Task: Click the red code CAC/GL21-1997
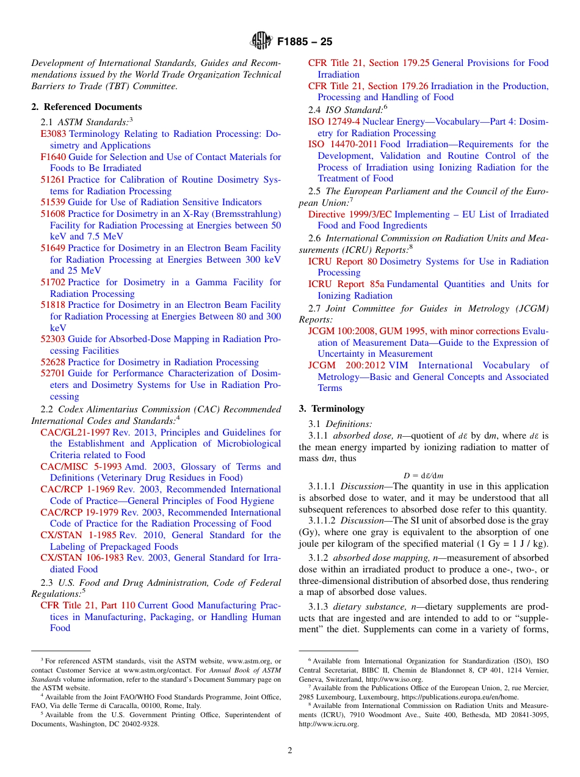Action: pos(75,432)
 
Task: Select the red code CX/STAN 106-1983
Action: pos(82,558)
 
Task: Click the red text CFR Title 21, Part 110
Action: pos(88,605)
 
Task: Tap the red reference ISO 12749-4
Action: pos(334,122)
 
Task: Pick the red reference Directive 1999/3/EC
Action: pos(350,214)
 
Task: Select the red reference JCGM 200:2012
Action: pos(347,365)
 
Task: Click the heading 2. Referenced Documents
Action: pos(86,107)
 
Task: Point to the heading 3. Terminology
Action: pos(332,409)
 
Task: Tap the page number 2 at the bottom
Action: pos(290,750)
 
